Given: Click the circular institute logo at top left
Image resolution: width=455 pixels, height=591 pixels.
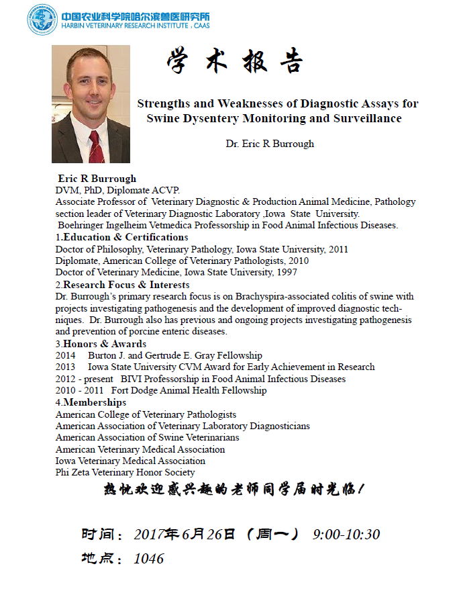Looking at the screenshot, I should [x=42, y=20].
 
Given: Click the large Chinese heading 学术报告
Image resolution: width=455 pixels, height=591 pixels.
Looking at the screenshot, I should [x=234, y=62].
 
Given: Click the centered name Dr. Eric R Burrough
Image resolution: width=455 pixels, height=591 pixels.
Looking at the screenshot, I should [x=270, y=143].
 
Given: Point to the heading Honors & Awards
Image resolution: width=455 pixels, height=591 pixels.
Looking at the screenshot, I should [x=104, y=344].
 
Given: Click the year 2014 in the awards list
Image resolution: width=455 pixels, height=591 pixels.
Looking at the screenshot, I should [x=66, y=355].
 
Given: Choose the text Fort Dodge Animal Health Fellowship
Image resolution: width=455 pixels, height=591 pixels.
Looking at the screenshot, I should [x=189, y=390].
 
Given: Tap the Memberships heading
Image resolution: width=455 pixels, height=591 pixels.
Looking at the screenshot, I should [x=95, y=402].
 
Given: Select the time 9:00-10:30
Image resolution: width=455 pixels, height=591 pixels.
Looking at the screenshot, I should [x=346, y=535].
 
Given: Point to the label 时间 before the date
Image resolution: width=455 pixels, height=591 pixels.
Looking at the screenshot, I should [x=96, y=535].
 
